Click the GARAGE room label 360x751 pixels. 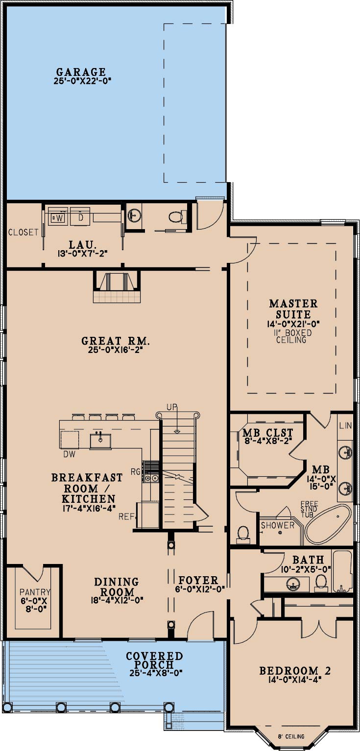point(81,72)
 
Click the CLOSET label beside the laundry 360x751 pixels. point(23,232)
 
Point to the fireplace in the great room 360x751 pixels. point(117,287)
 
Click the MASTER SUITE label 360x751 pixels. point(293,309)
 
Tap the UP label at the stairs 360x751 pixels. point(172,407)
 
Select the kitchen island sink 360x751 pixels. point(100,441)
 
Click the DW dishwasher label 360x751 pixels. point(70,454)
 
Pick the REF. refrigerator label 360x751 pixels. point(127,516)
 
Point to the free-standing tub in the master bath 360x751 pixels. point(328,524)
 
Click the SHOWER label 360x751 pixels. point(277,525)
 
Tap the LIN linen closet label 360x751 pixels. point(345,425)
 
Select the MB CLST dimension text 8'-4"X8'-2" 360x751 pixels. point(268,441)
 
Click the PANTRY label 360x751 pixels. point(35,592)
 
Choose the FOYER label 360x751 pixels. point(198,580)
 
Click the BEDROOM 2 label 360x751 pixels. point(295,671)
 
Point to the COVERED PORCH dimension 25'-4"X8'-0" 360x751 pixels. point(156,673)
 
